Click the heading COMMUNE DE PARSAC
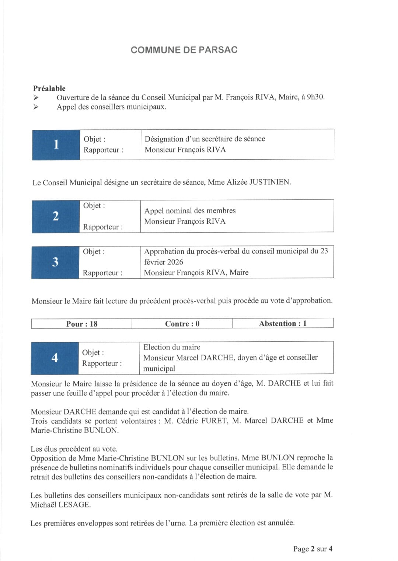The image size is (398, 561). [x=184, y=50]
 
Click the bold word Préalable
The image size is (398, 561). [x=49, y=88]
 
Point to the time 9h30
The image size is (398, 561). [x=315, y=97]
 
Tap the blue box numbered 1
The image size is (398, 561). [x=56, y=144]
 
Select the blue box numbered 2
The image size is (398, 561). [x=56, y=216]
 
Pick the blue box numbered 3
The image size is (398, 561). [x=55, y=262]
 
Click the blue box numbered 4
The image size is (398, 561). [x=55, y=358]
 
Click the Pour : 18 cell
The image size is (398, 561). [x=82, y=324]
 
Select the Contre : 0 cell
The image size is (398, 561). [x=182, y=324]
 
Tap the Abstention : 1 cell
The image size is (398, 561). [x=283, y=324]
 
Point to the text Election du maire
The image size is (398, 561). [x=172, y=347]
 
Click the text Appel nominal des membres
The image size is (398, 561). [x=190, y=211]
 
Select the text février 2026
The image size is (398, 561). [x=163, y=262]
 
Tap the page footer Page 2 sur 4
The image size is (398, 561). [x=313, y=549]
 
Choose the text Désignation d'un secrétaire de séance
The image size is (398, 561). [x=205, y=139]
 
